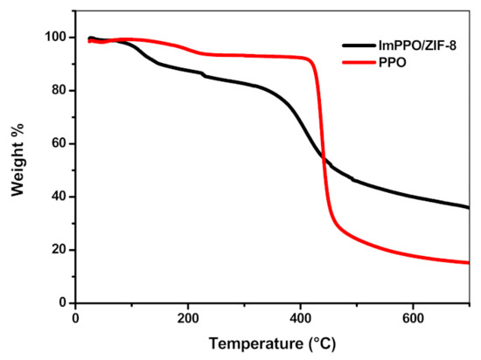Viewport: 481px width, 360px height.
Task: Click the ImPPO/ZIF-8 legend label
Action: coord(417,45)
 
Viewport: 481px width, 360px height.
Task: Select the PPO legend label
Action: coord(393,63)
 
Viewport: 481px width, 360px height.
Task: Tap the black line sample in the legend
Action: coord(359,45)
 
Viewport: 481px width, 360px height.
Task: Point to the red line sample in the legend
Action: coord(359,63)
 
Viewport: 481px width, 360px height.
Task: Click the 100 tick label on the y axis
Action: coord(55,38)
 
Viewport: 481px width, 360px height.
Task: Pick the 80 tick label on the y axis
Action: coord(59,91)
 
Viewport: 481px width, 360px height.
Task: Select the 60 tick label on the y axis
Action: coord(59,143)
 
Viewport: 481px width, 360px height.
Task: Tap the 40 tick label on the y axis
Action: coord(59,197)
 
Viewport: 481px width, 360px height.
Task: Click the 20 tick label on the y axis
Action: coord(59,250)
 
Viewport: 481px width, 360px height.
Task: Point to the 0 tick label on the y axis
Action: coord(63,302)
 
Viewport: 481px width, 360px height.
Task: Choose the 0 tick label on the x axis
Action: coord(75,318)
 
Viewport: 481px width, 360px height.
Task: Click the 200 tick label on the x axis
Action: coord(188,318)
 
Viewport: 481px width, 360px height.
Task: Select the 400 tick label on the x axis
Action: coord(300,318)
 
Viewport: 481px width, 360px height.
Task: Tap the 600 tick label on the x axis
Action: coord(413,318)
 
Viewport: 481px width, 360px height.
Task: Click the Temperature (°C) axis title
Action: coord(272,343)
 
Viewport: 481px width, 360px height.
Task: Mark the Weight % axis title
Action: coord(17,160)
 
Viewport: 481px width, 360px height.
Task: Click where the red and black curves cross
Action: coord(324,158)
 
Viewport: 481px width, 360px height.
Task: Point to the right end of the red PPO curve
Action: coord(469,262)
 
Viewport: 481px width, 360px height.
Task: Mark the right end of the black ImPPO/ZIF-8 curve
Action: coord(469,208)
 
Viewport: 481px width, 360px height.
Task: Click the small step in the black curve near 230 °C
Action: coord(204,74)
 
